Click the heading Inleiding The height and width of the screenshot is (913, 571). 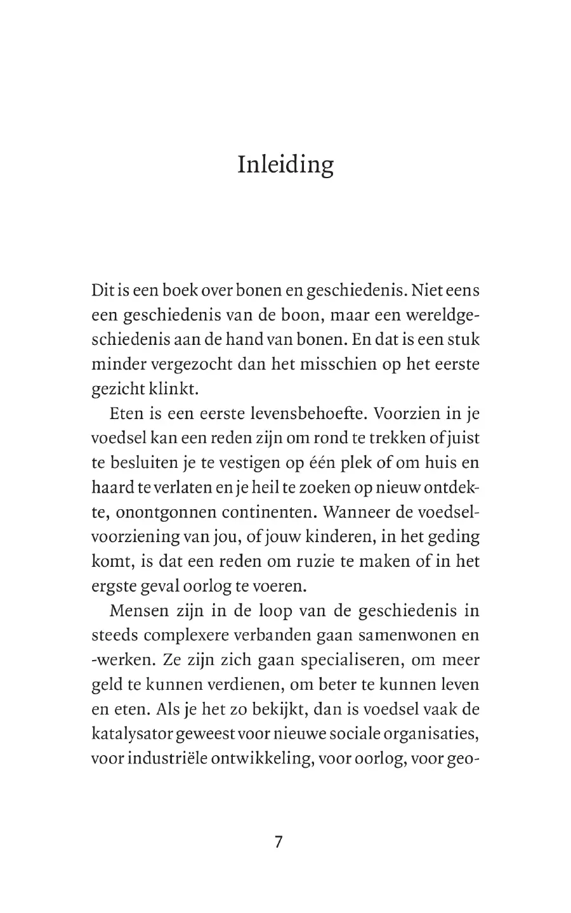click(x=285, y=165)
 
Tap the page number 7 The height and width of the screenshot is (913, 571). click(x=278, y=843)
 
